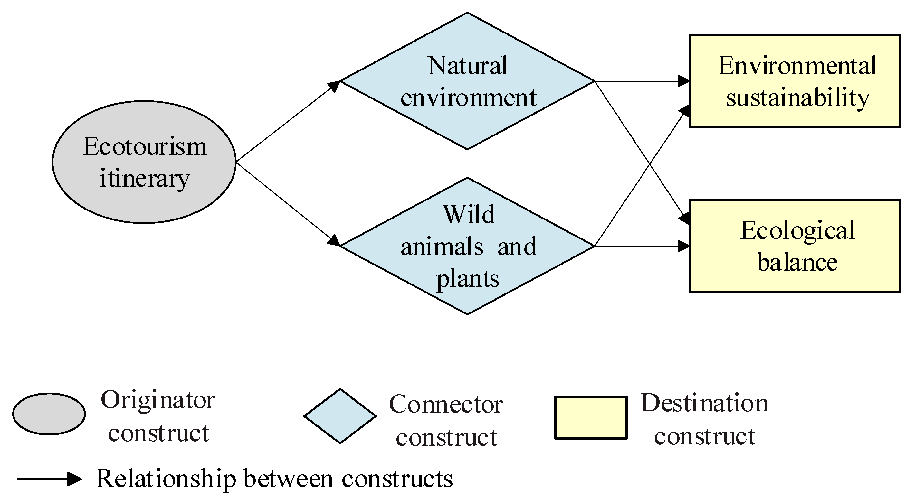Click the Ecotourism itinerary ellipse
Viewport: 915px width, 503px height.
[x=144, y=162]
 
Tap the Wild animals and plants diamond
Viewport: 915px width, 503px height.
[x=467, y=246]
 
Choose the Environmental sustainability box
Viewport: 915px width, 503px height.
[x=795, y=81]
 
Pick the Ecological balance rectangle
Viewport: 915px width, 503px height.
[x=795, y=246]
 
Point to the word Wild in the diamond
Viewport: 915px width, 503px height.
[x=469, y=214]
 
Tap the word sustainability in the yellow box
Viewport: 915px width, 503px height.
[x=798, y=98]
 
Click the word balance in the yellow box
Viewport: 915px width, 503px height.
[x=798, y=262]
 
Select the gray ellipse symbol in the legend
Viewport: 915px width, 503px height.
[x=49, y=414]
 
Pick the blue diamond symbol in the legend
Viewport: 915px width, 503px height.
[x=340, y=416]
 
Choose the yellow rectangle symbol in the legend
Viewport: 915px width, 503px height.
[x=591, y=418]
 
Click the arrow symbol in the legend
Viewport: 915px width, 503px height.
[x=49, y=479]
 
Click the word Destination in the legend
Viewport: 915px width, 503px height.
[x=705, y=403]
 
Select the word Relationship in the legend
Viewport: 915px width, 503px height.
[x=166, y=479]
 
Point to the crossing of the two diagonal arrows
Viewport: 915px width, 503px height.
[x=650, y=163]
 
